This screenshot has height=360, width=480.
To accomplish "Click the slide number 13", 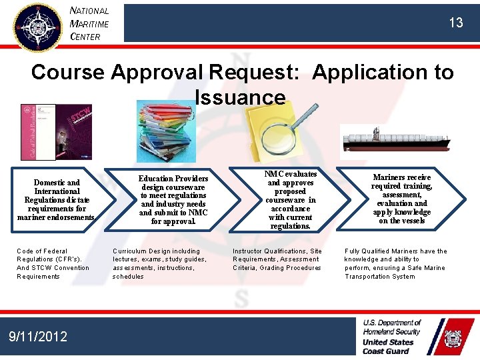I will coord(455,23).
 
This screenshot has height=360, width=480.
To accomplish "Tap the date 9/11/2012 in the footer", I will coord(39,337).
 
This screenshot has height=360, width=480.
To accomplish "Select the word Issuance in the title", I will coord(240,97).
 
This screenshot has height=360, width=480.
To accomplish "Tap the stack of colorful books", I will coord(167,131).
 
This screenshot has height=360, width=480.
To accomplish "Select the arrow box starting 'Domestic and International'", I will coord(56,199).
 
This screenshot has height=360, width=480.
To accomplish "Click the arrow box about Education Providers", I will coord(173,199).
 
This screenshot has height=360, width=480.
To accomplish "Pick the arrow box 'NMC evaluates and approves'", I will coord(291,199).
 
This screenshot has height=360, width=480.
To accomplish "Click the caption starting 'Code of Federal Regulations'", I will coord(53,264).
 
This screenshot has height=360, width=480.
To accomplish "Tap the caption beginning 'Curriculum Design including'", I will coord(160,264).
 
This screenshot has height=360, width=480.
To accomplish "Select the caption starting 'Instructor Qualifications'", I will coord(277,259).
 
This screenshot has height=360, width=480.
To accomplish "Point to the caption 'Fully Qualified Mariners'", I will coord(396,264).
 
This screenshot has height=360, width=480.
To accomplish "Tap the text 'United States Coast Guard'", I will coord(388,347).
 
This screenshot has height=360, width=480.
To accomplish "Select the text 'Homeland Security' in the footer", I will coord(392,331).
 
